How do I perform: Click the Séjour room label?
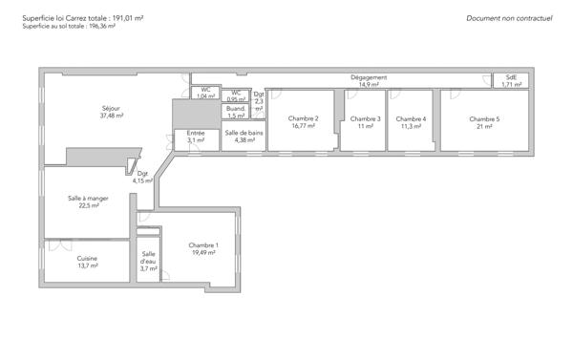[111, 108]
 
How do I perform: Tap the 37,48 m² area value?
[111, 116]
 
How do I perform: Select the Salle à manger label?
[88, 198]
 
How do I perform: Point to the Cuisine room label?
[88, 258]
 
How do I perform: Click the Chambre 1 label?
[203, 245]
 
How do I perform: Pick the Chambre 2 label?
[303, 118]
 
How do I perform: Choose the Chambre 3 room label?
[365, 118]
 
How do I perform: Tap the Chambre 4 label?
[412, 118]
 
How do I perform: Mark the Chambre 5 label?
[484, 118]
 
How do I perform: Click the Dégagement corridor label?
[369, 77]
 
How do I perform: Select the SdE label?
[511, 77]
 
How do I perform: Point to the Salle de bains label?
[244, 133]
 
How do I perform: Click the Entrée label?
[196, 133]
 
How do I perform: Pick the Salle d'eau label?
[148, 257]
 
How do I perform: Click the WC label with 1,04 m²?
[205, 90]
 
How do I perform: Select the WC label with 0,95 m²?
[236, 92]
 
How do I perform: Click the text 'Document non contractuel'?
[510, 18]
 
